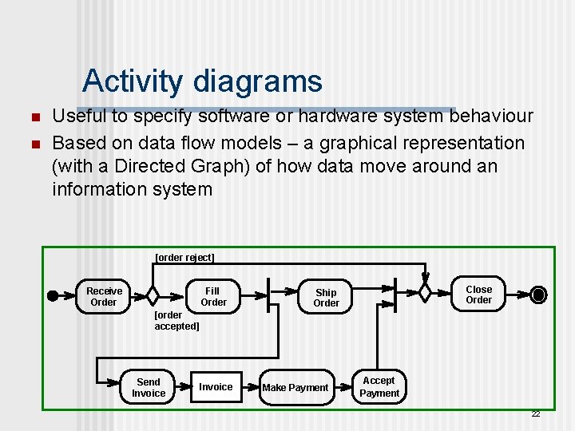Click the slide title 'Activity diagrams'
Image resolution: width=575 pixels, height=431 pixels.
point(202,81)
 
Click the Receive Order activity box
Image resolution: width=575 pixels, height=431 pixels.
point(104,297)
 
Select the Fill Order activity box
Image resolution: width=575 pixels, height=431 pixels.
point(212,297)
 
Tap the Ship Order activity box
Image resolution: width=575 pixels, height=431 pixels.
point(326,298)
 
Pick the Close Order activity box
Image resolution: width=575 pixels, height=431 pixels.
point(478,295)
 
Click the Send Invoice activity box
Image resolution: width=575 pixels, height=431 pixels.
point(149,388)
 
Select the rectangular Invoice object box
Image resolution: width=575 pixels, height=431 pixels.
point(216,387)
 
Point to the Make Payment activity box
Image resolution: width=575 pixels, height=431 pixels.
point(295,388)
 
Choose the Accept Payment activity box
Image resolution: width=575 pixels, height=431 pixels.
point(379,387)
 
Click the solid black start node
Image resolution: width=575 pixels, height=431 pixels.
point(53,295)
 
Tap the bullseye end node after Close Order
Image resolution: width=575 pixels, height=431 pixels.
point(539,295)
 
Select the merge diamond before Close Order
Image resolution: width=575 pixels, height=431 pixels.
point(425,293)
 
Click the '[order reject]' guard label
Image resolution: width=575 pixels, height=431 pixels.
point(184,258)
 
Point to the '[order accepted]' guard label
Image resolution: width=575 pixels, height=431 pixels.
point(176,321)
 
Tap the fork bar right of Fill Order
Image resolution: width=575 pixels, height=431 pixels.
point(268,295)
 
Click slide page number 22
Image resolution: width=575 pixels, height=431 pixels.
point(535,413)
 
